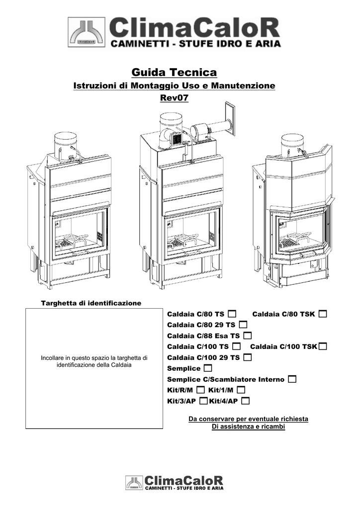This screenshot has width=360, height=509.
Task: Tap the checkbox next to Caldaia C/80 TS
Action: coord(232,314)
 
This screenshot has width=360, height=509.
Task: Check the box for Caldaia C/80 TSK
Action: coord(323,314)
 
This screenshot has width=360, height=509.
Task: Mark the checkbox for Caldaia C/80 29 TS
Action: coord(243,325)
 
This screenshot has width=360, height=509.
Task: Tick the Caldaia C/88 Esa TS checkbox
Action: coord(248,336)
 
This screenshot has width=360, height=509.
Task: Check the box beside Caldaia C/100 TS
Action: coord(236,346)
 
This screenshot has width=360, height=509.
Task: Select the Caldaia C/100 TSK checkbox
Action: coord(323,346)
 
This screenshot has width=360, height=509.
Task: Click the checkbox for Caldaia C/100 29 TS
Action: coord(247,357)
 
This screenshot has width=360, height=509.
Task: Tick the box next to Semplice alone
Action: coord(207,368)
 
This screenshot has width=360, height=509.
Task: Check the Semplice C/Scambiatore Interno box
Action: coord(291,379)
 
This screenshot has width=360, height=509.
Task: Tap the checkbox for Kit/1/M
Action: coord(241,390)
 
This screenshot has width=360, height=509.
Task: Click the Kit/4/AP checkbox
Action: coord(245,401)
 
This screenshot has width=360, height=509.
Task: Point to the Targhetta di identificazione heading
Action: coord(90,303)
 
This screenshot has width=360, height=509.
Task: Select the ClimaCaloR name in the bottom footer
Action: coord(184,481)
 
